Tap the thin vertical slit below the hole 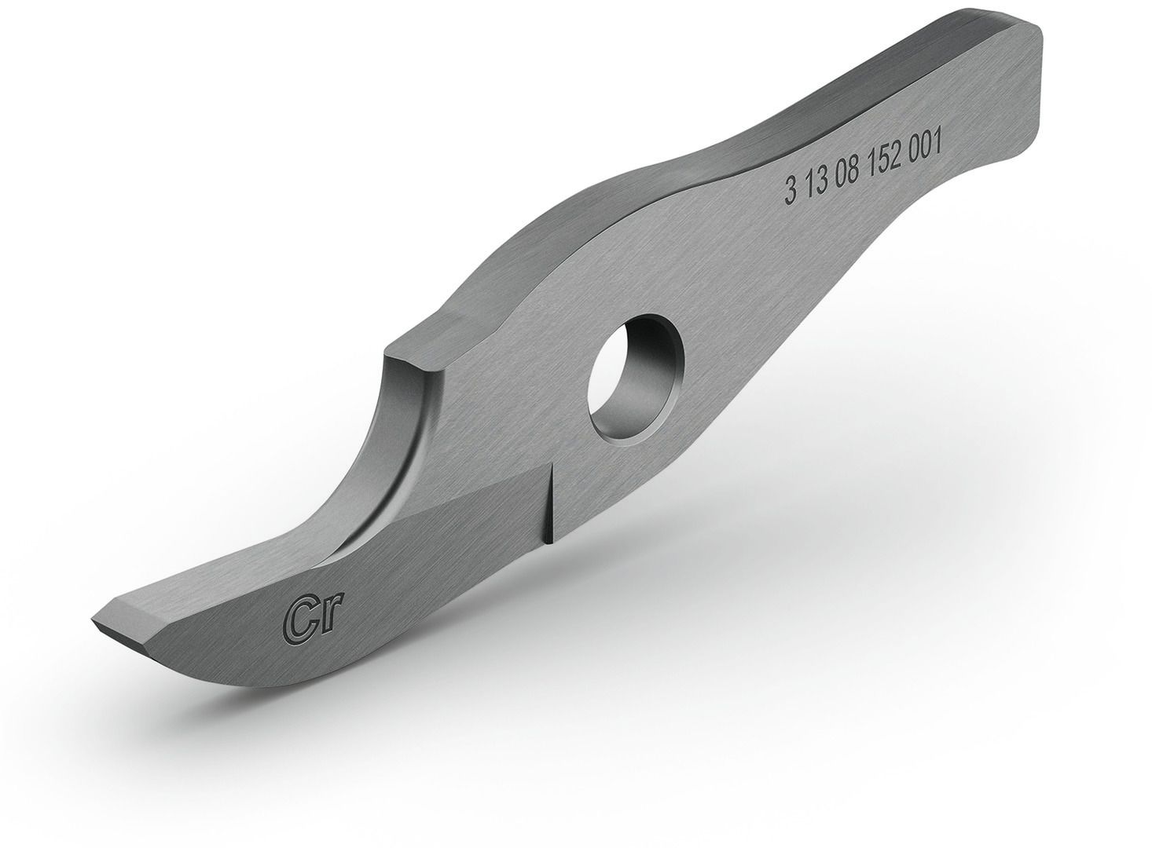(x=551, y=503)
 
